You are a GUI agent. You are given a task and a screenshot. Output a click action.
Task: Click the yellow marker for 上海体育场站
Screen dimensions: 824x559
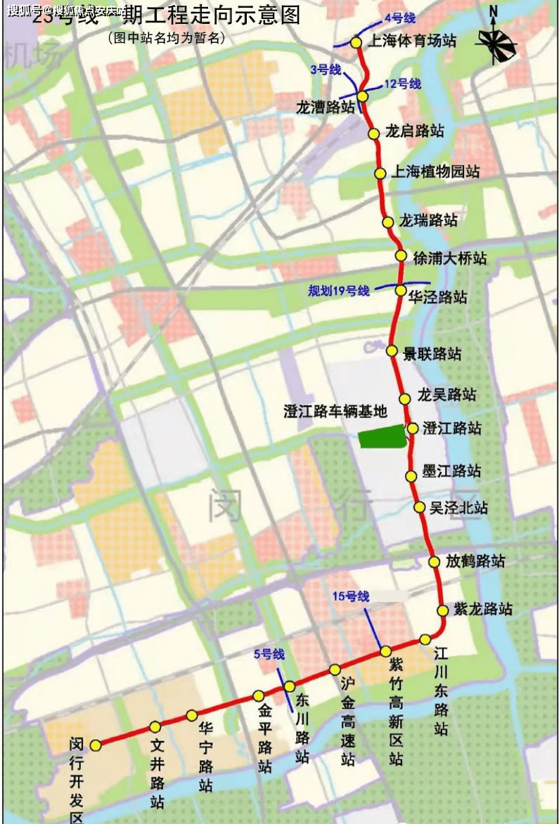(x=356, y=42)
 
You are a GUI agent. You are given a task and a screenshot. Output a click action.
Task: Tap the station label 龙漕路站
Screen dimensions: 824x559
(x=326, y=107)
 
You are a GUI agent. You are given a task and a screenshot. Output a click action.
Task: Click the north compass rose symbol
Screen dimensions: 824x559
(x=495, y=43)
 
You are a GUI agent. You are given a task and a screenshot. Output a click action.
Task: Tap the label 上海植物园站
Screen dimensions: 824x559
(x=435, y=171)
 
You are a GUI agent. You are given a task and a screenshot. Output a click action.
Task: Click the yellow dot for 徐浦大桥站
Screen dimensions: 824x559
(x=400, y=256)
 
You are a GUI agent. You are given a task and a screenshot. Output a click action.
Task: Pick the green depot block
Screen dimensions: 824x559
(x=383, y=437)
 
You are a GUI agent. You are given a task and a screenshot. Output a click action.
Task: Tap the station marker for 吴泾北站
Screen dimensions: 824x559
(x=419, y=507)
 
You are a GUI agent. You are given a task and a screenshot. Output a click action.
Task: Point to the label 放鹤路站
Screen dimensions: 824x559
(x=476, y=561)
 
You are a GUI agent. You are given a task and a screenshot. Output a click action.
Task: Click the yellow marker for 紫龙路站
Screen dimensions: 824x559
(x=442, y=610)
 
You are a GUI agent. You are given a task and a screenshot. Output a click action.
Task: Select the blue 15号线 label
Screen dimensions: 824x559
(x=350, y=596)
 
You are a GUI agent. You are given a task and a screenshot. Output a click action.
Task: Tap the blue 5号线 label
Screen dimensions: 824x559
(x=269, y=655)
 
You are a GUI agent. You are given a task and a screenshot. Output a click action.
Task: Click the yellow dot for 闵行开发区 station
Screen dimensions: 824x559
(x=96, y=745)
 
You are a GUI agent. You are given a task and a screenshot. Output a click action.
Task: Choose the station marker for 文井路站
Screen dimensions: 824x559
(x=155, y=726)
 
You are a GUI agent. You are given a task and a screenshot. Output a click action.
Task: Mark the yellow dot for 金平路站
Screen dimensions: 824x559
(x=259, y=695)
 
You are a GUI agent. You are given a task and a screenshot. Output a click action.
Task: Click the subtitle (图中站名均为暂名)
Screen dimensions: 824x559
(x=167, y=39)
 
